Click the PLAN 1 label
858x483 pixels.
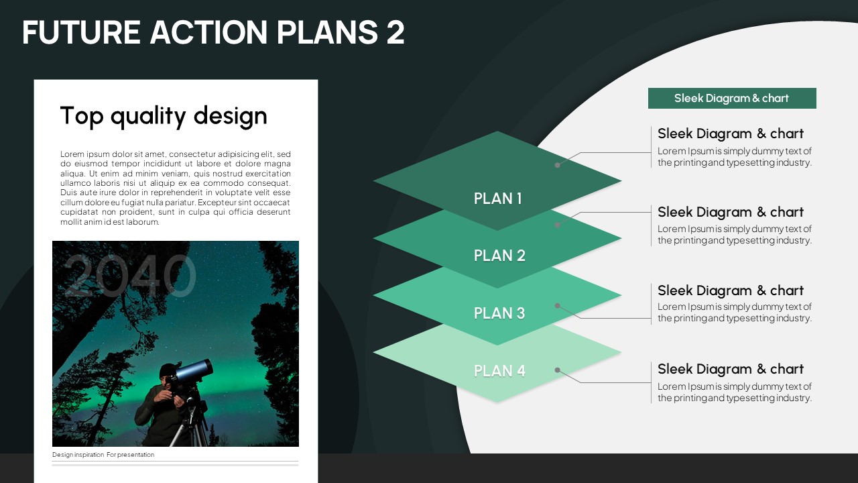(497, 199)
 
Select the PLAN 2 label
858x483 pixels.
(499, 256)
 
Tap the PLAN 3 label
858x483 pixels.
(499, 313)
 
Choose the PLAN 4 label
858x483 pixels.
(499, 371)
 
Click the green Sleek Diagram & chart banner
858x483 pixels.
(732, 98)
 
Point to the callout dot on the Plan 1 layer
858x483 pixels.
(558, 165)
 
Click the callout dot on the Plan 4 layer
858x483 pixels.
(558, 370)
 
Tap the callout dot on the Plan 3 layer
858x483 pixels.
(558, 305)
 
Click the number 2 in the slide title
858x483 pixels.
(395, 32)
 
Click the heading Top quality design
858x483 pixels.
(164, 116)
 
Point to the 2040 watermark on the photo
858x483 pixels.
(129, 276)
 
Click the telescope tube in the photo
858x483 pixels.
(194, 371)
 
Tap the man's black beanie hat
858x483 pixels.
(167, 370)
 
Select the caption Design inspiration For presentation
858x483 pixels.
(103, 455)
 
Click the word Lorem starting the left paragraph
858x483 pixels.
(72, 154)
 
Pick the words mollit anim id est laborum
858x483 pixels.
(110, 222)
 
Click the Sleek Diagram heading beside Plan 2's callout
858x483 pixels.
(731, 212)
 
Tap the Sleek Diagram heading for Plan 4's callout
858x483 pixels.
(731, 369)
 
